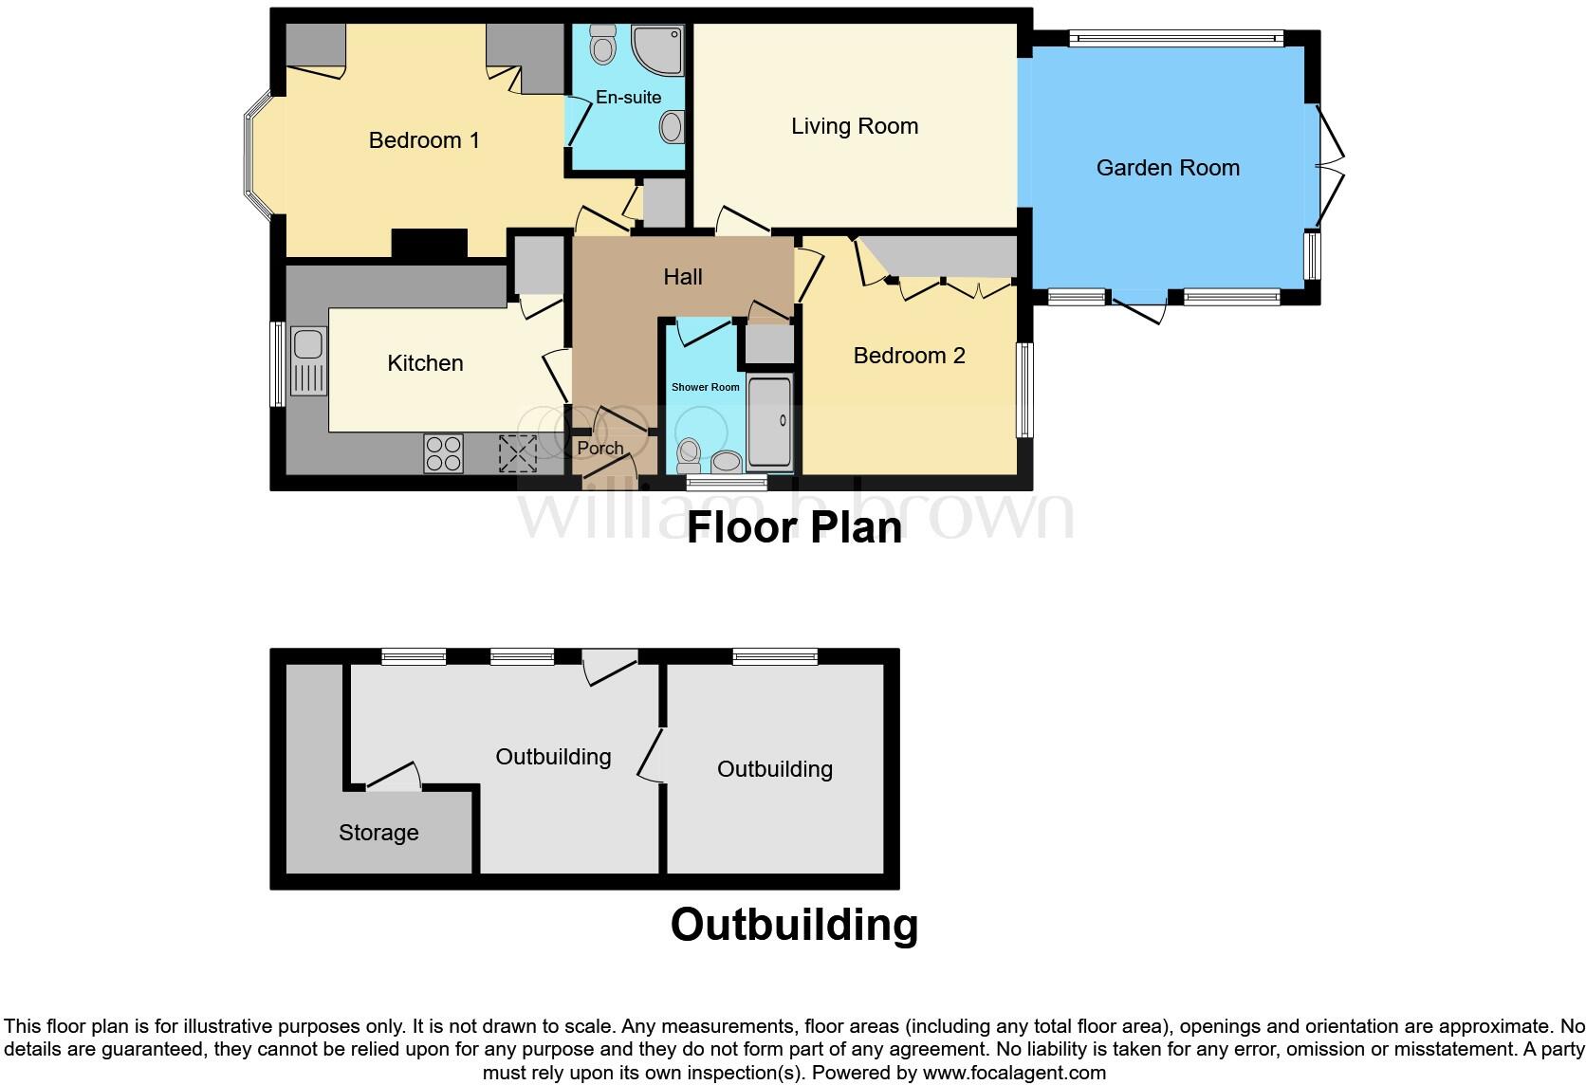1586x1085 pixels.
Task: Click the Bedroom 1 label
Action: (424, 140)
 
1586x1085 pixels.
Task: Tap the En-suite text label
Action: (628, 97)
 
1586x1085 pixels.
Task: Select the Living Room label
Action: (854, 126)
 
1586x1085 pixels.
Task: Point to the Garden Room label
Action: (1168, 168)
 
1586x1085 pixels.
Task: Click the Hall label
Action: (682, 277)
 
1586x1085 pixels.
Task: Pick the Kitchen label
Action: (425, 363)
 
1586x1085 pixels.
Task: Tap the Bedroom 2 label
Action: (909, 356)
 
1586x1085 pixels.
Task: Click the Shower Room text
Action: (705, 387)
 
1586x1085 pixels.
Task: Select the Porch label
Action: (600, 448)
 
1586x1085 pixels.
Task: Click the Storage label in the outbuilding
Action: (378, 833)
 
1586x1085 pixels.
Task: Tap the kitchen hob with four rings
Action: (443, 452)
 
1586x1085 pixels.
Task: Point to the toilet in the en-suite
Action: (602, 44)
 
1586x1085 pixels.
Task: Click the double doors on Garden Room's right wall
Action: (1330, 162)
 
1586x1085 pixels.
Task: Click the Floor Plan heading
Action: (794, 527)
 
